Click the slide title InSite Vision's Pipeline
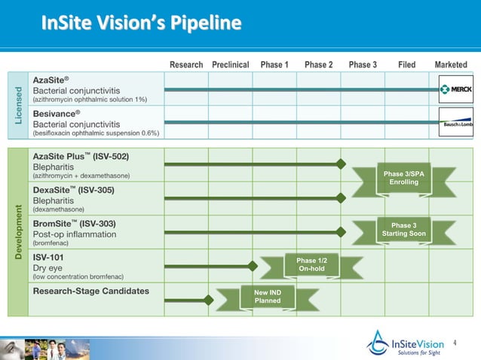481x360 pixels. click(x=142, y=25)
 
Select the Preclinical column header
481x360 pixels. click(x=231, y=65)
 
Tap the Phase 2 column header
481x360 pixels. click(x=319, y=65)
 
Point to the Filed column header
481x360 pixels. click(x=406, y=65)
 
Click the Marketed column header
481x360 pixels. click(x=451, y=65)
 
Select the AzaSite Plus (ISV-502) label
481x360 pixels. click(x=81, y=156)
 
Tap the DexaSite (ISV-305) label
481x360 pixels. click(x=73, y=190)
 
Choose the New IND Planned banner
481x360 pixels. click(x=268, y=297)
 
